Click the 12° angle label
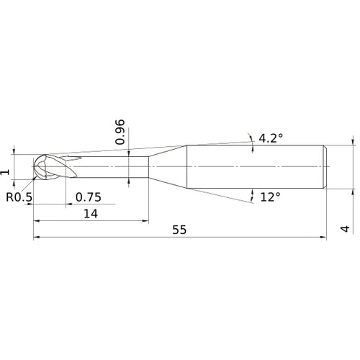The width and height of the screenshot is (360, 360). (x=271, y=197)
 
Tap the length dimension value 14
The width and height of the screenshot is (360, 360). (x=90, y=213)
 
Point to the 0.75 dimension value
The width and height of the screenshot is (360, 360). (x=88, y=197)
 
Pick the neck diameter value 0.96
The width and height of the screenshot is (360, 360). (x=121, y=131)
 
